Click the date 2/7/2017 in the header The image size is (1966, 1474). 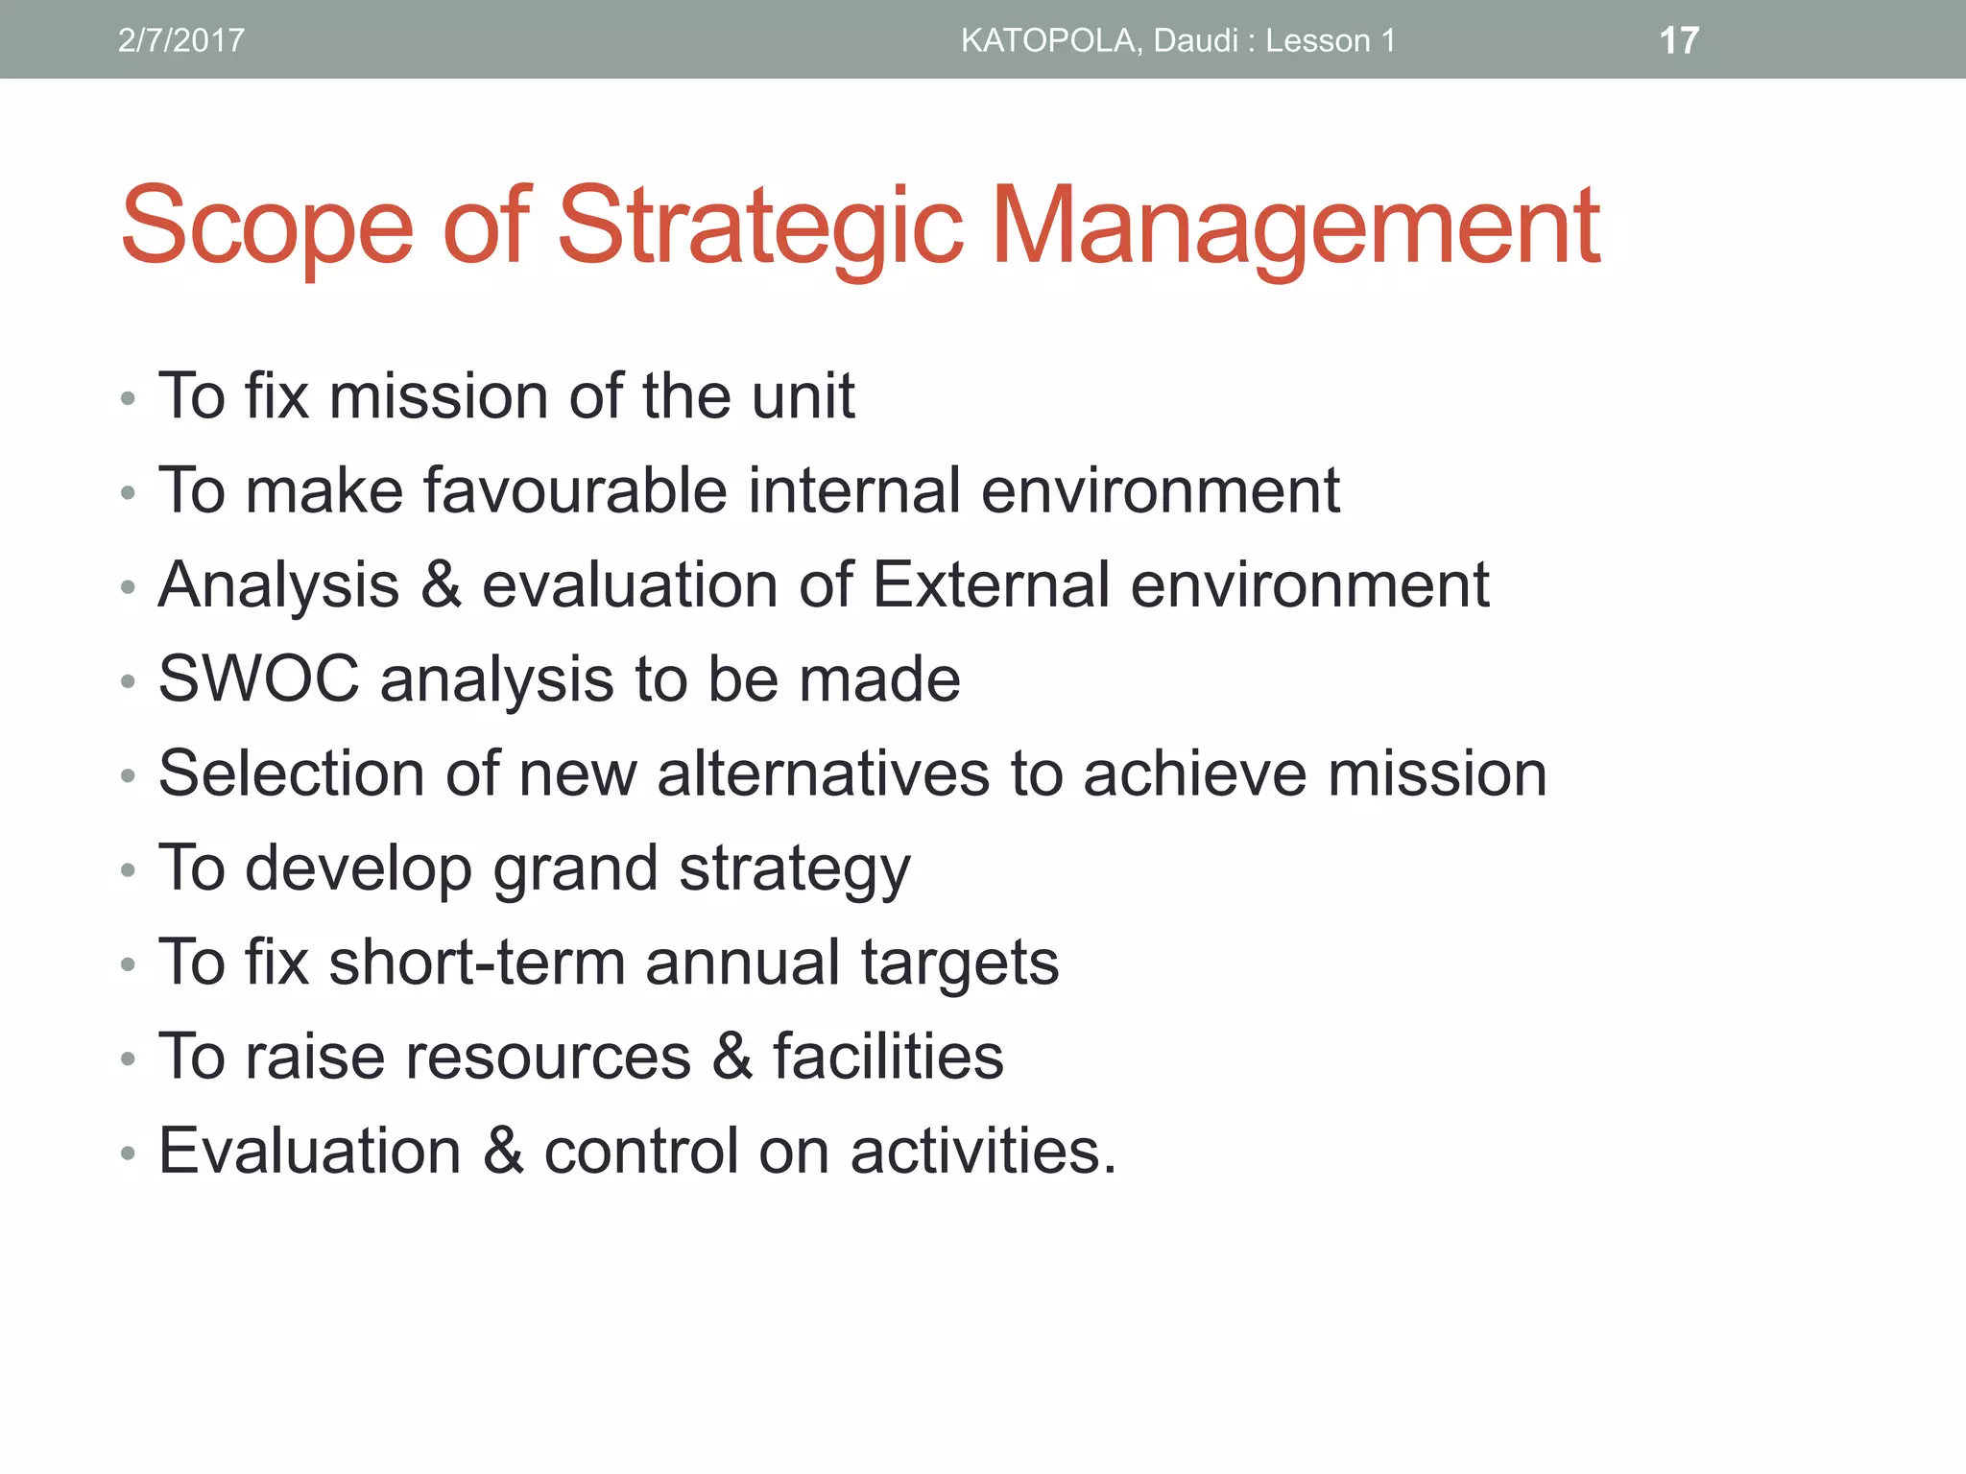pyautogui.click(x=180, y=40)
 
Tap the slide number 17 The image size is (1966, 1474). pyautogui.click(x=1679, y=40)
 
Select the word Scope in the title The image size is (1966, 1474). pyautogui.click(x=267, y=226)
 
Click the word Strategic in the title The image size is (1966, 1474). pyautogui.click(x=760, y=226)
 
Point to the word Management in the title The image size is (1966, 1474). pyautogui.click(x=1295, y=226)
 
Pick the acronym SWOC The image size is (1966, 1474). pyautogui.click(x=258, y=679)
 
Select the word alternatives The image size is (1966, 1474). pyautogui.click(x=823, y=773)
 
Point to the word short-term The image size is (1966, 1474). pyautogui.click(x=477, y=963)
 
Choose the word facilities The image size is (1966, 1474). pyautogui.click(x=888, y=1057)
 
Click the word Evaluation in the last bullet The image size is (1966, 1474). pyautogui.click(x=309, y=1151)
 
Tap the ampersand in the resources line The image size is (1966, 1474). pyautogui.click(x=732, y=1057)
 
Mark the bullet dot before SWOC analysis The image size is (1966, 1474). pyautogui.click(x=129, y=682)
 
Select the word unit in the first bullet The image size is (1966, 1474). pyautogui.click(x=803, y=395)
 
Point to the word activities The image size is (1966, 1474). pyautogui.click(x=983, y=1151)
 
